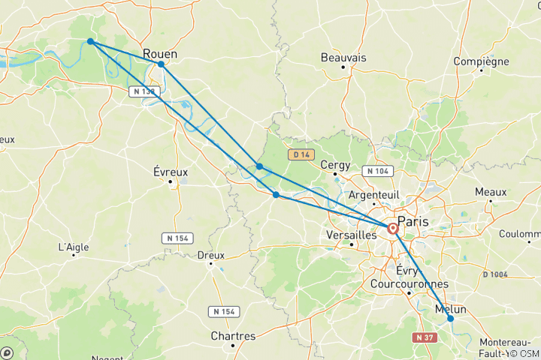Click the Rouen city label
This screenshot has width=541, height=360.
pyautogui.click(x=160, y=54)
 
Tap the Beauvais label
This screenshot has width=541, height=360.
pyautogui.click(x=343, y=58)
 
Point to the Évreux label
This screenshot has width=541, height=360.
pyautogui.click(x=171, y=172)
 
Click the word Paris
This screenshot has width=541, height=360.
pyautogui.click(x=416, y=221)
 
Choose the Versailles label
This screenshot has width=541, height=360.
pyautogui.click(x=352, y=235)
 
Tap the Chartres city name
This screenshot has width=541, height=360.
pyautogui.click(x=234, y=336)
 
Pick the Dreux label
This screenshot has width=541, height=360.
pyautogui.click(x=211, y=255)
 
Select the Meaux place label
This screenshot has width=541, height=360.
pyautogui.click(x=490, y=192)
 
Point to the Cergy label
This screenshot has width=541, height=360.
pyautogui.click(x=335, y=165)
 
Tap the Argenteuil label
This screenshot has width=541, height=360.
pyautogui.click(x=373, y=194)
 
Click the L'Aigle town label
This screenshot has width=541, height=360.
pyautogui.click(x=74, y=247)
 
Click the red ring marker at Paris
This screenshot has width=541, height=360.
pyautogui.click(x=393, y=227)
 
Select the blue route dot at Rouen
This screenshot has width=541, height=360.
pyautogui.click(x=162, y=64)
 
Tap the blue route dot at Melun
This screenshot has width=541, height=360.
pyautogui.click(x=451, y=319)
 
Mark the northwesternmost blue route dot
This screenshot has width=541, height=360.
pyautogui.click(x=90, y=41)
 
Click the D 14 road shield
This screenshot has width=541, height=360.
pyautogui.click(x=300, y=154)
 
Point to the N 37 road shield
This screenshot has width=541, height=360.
pyautogui.click(x=426, y=317)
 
